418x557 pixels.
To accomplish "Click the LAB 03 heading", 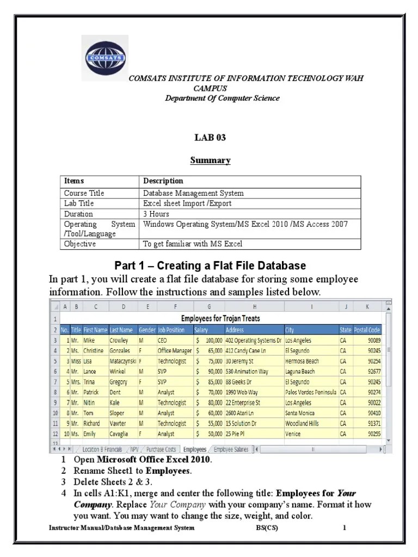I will tap(210, 138).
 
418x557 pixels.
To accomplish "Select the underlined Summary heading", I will tap(210, 160).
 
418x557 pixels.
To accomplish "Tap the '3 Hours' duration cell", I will tap(156, 214).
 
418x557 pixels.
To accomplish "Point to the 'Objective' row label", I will tap(80, 244).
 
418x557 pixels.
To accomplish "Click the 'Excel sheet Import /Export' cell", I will tap(187, 203).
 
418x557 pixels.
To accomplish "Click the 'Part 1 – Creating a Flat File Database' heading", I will tap(210, 265).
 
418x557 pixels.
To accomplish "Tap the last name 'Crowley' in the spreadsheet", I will tap(120, 341).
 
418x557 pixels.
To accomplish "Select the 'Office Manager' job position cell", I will tap(175, 351).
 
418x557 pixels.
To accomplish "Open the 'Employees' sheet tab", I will tap(194, 450).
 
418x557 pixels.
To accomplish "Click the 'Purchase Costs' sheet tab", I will tap(161, 450).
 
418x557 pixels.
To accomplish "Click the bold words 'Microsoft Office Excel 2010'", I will tap(146, 460).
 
